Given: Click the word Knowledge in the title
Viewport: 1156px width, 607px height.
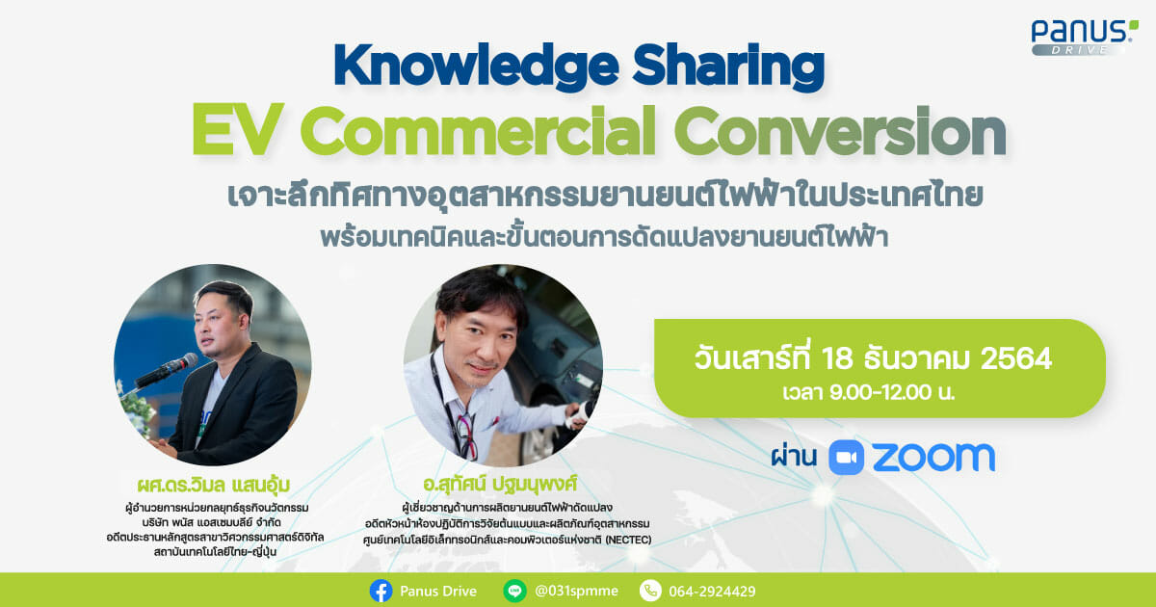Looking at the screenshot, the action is point(476,67).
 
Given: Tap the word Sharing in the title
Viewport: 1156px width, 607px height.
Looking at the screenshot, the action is point(728,67).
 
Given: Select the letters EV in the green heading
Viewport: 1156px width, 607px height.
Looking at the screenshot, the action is point(238,129).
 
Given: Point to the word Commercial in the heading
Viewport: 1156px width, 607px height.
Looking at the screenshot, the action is point(478,129).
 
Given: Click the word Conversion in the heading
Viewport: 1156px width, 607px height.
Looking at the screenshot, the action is point(841,129).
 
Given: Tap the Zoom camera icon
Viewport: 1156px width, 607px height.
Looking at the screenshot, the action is point(846,458).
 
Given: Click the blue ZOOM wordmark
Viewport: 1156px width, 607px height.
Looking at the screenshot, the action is point(933,458).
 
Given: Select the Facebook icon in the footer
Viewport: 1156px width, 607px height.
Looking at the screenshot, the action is point(381,591).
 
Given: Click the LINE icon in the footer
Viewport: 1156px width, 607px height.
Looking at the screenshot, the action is point(514,591).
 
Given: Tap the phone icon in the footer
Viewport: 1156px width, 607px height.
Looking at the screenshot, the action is point(650,591).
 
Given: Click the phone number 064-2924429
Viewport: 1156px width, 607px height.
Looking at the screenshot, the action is point(712,592).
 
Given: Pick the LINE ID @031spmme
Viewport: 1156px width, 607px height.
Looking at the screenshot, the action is point(576,591).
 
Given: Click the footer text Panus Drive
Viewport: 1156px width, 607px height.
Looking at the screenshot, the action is point(438,591).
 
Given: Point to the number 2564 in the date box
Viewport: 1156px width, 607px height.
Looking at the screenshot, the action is point(1015,358).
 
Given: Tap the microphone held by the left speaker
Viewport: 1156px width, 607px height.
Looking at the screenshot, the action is point(166,370).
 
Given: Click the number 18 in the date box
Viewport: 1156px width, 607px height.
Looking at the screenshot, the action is point(837,358).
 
